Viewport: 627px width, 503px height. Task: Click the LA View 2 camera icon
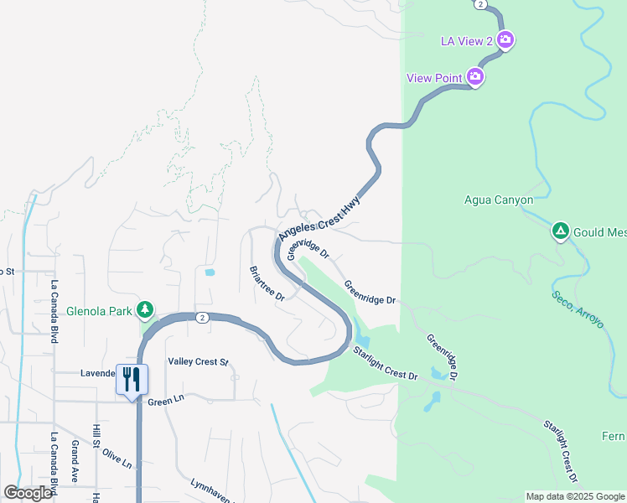click(505, 39)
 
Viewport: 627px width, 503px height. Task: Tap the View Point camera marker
click(475, 78)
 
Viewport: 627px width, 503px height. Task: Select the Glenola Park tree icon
click(145, 310)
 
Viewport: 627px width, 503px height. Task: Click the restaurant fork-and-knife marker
click(132, 380)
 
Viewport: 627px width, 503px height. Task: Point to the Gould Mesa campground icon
click(560, 231)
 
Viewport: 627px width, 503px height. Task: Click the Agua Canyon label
click(499, 200)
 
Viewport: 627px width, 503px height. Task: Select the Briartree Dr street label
click(267, 283)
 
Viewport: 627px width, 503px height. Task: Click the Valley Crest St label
click(198, 362)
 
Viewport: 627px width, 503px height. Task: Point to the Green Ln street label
click(165, 402)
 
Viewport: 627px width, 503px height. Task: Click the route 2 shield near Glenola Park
click(203, 317)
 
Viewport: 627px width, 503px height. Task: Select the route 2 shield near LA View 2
click(479, 4)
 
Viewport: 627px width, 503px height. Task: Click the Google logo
click(28, 493)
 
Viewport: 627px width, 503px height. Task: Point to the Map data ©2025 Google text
click(575, 496)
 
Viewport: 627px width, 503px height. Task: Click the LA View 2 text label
click(467, 40)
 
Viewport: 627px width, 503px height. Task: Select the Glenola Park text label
click(98, 311)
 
